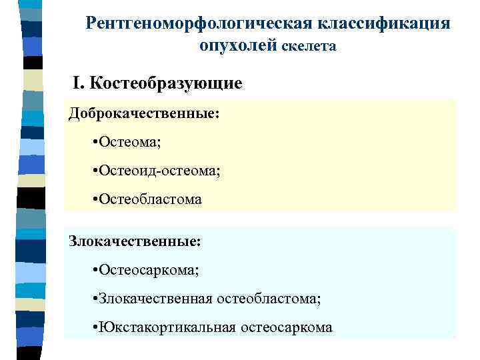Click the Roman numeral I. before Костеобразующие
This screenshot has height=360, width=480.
(79, 84)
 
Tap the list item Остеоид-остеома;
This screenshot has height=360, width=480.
(161, 171)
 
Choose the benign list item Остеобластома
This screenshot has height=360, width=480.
(151, 199)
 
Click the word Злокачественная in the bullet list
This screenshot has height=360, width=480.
(155, 299)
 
